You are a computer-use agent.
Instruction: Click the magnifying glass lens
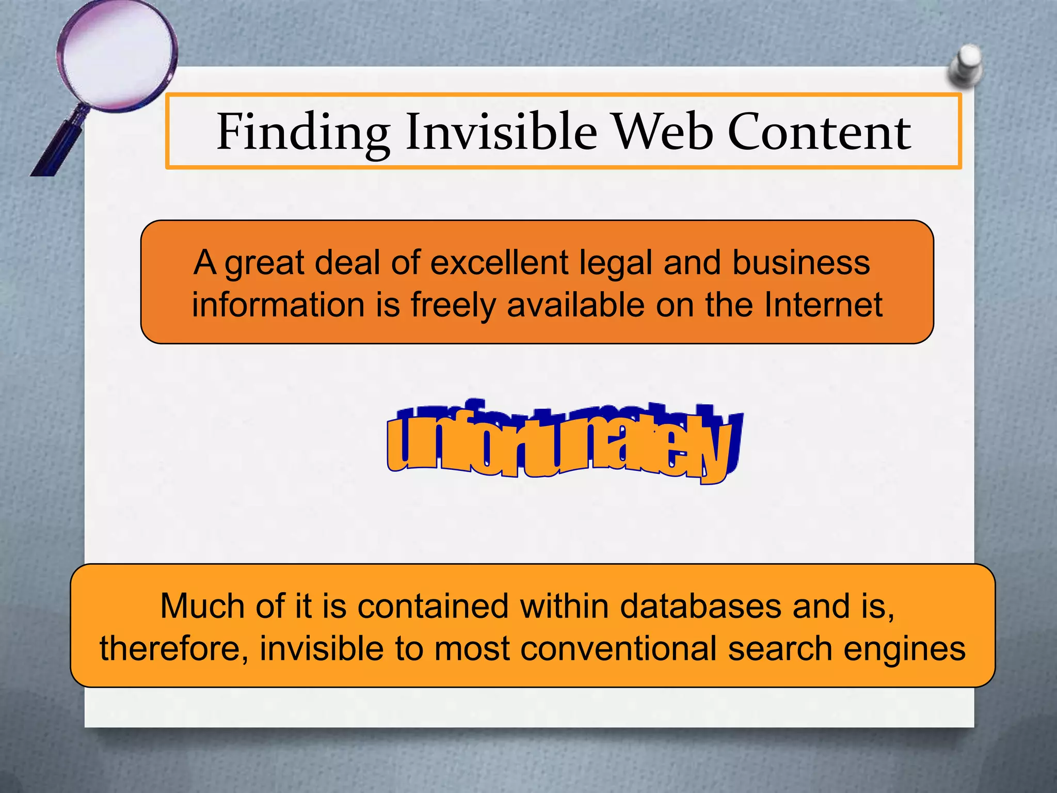(117, 54)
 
